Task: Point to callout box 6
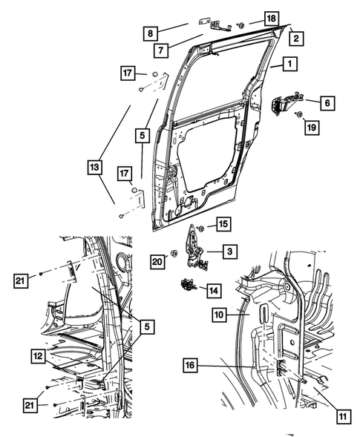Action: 326,104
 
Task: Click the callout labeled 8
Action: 150,33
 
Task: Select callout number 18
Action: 272,18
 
